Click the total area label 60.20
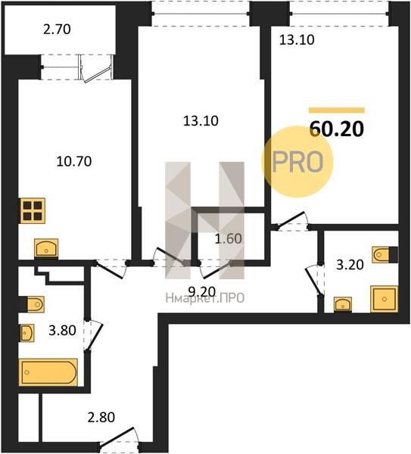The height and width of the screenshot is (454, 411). (336, 129)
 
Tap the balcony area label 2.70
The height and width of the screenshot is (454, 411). (57, 30)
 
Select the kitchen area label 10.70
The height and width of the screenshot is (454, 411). (74, 161)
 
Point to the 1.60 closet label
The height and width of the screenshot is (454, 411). (229, 238)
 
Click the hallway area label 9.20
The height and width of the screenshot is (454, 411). (202, 291)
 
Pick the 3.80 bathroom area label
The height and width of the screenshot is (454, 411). (62, 330)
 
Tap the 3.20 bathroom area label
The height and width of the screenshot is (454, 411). (350, 265)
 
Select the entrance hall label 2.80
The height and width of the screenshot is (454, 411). (101, 417)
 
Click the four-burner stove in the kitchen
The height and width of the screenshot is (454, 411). (33, 211)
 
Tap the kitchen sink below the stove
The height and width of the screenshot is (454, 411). (46, 248)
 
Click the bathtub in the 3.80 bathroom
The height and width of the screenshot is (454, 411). (48, 372)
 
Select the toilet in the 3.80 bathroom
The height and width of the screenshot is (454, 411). (32, 304)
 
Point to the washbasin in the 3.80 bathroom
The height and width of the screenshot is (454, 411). (27, 333)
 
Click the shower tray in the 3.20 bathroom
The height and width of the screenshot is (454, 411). (384, 299)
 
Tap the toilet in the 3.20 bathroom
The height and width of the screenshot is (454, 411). (385, 255)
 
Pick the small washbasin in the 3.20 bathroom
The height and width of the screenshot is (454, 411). (343, 304)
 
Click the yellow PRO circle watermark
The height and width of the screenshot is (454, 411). (297, 162)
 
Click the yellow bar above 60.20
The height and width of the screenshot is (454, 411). (337, 110)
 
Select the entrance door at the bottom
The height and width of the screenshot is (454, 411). (119, 439)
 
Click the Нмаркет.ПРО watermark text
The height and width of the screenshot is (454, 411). (205, 299)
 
